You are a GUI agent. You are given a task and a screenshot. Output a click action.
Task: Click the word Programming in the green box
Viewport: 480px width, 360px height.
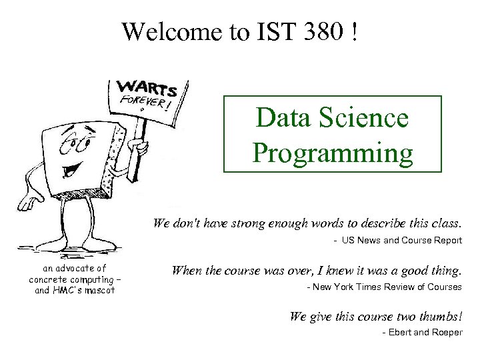(x=333, y=153)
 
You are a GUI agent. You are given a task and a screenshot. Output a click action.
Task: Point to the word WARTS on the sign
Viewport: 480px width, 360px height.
(x=147, y=89)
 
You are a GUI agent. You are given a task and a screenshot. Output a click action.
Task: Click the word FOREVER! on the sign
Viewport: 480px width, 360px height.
(x=145, y=103)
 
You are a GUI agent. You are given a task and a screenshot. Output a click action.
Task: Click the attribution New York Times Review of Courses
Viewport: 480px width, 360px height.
(x=384, y=287)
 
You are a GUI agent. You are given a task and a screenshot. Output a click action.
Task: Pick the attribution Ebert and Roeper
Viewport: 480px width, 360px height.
(x=422, y=333)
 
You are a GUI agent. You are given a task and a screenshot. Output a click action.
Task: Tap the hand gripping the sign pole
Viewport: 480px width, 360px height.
(x=138, y=146)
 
